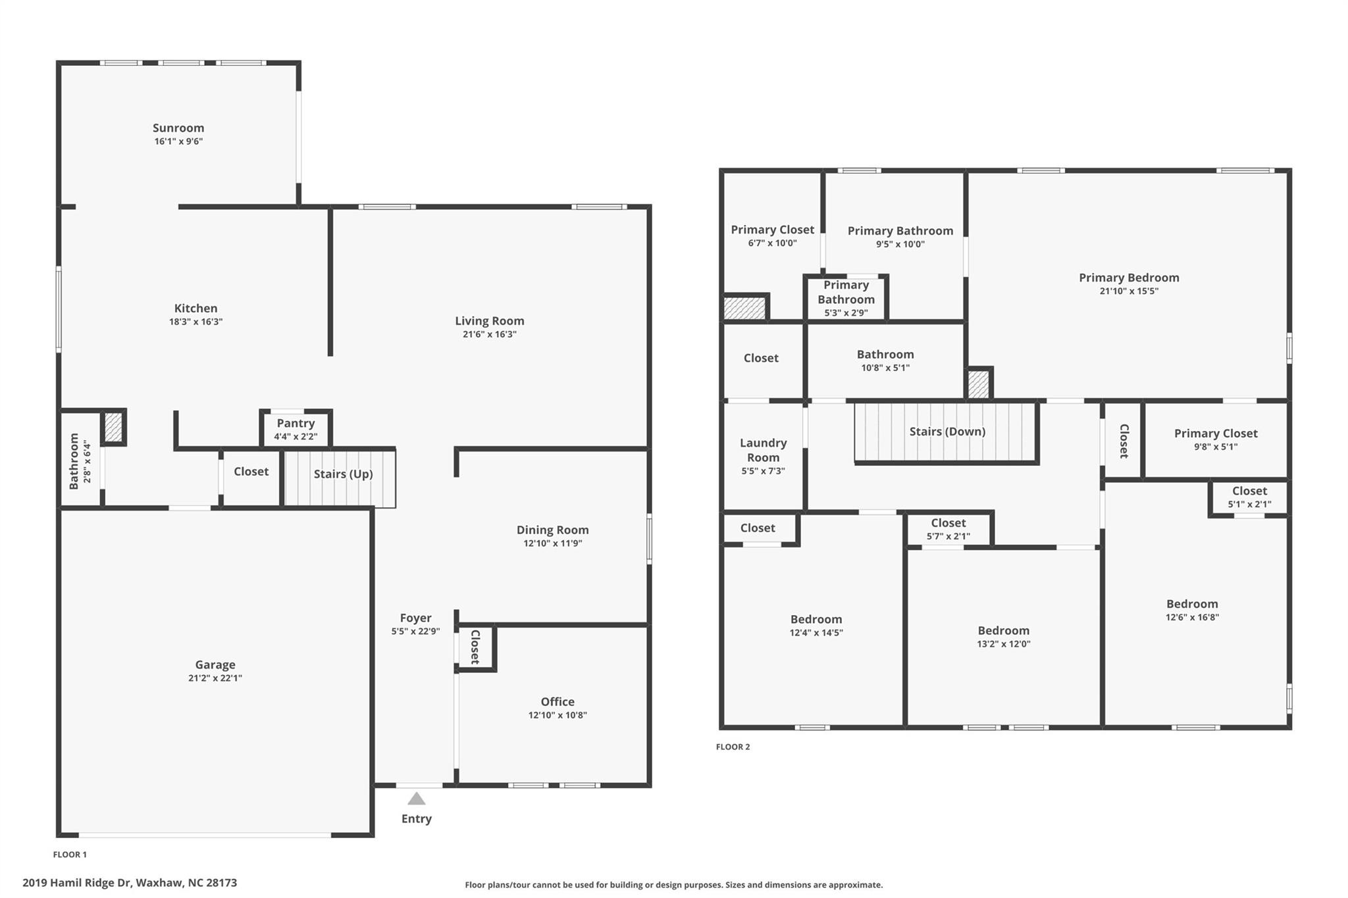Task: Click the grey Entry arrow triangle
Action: (416, 799)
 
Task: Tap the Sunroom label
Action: (178, 128)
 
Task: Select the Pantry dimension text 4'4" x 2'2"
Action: (296, 437)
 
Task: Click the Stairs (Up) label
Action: (343, 474)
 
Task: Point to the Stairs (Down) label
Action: (947, 432)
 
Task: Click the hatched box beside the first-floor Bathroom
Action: (113, 427)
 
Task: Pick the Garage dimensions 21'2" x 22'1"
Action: (215, 678)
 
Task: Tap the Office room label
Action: (557, 702)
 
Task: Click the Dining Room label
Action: (552, 530)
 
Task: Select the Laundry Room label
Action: (763, 450)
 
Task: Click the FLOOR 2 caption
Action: (733, 747)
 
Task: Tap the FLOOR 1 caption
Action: (70, 855)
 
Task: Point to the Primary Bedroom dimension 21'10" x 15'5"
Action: (1129, 291)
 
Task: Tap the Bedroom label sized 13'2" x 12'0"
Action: (1003, 630)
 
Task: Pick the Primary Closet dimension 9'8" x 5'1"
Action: (1216, 447)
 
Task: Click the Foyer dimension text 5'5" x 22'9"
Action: (415, 632)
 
